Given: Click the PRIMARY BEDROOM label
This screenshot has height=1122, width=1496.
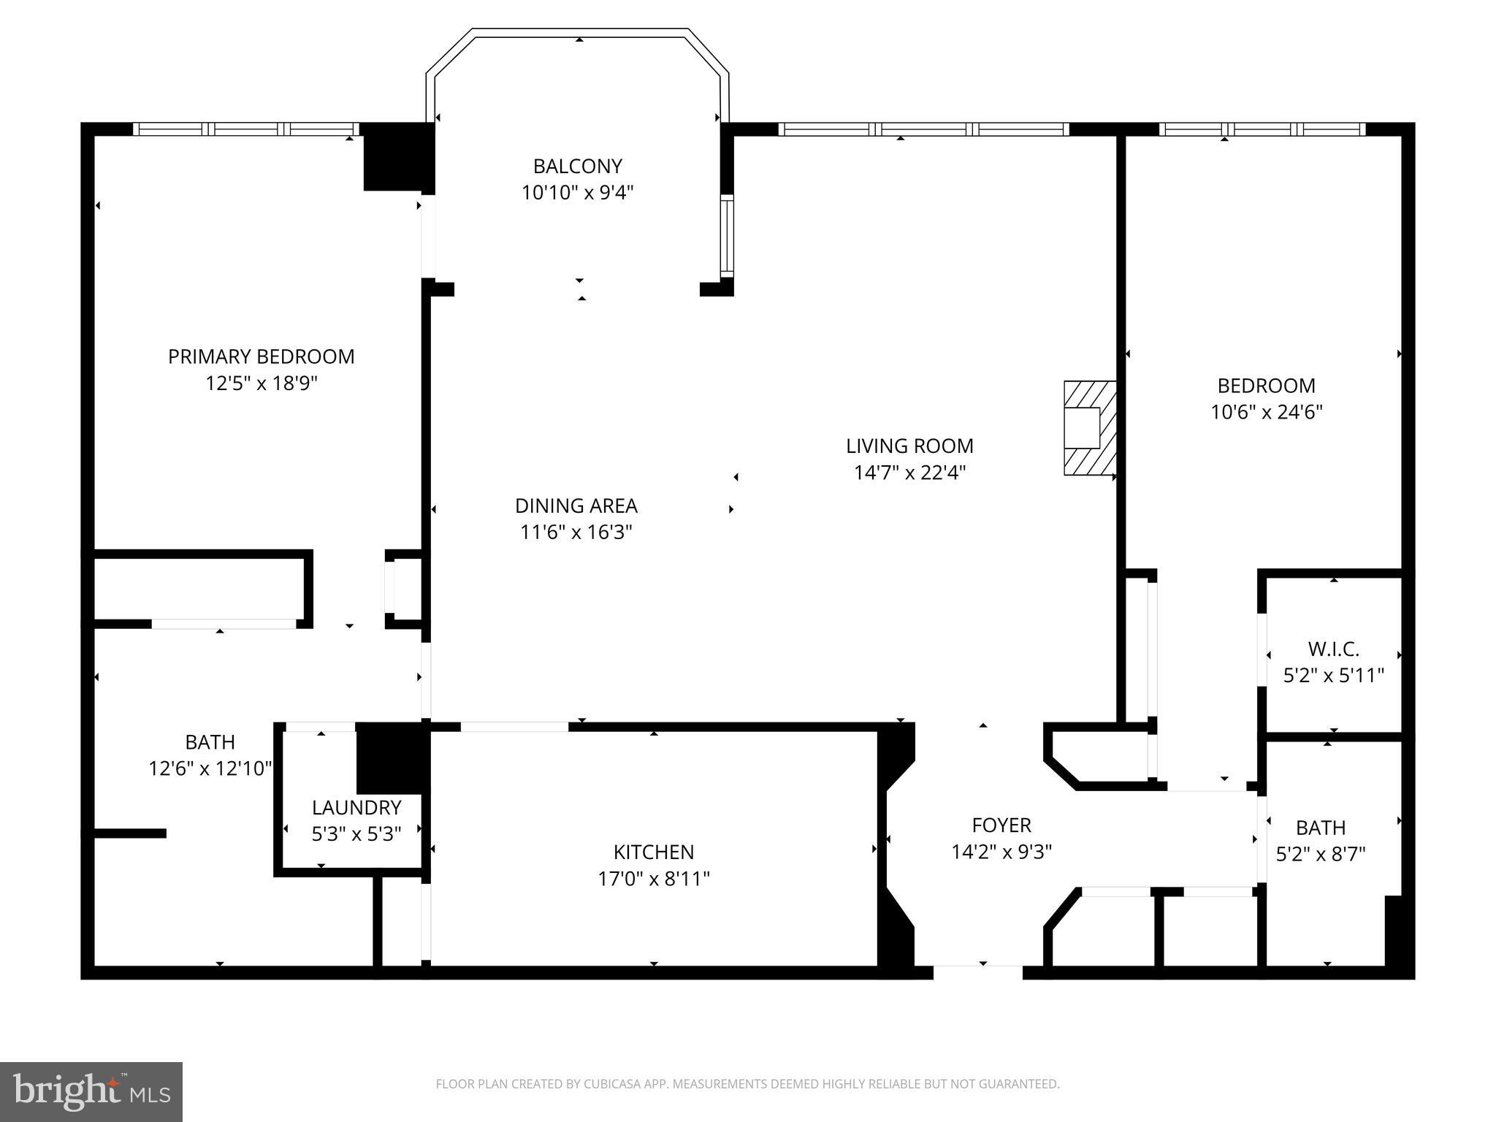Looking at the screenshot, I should click(261, 356).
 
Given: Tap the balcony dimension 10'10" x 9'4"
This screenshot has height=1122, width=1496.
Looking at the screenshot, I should click(577, 193).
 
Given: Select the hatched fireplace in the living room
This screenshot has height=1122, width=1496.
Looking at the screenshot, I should click(1089, 428).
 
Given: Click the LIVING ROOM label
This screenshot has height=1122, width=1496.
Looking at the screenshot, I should click(909, 446).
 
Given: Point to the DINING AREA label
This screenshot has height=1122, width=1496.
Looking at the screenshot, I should click(576, 505).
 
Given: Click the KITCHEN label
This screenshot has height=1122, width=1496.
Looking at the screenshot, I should click(653, 852).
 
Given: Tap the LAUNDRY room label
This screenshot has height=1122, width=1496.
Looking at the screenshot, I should click(356, 807).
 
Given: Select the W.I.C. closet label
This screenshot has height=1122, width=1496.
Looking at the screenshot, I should click(1333, 649).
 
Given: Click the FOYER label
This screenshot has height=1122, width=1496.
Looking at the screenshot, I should click(1001, 825).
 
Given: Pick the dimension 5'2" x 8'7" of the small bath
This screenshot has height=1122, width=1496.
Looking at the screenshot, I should click(1320, 854).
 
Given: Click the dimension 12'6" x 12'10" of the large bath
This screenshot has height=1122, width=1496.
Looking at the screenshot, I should click(210, 768).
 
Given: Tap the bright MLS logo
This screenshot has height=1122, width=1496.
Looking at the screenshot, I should click(91, 1092).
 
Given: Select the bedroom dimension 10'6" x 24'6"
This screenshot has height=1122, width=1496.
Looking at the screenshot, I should click(1266, 412).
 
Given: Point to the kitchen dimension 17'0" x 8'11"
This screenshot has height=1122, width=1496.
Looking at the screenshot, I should click(653, 878).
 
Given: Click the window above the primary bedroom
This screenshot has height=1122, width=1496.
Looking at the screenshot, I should click(245, 129).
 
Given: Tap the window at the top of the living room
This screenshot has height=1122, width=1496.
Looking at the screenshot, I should click(923, 129).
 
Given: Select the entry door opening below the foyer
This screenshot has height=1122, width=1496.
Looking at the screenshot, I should click(977, 972).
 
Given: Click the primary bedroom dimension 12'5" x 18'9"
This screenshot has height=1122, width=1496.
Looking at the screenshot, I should click(261, 383).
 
